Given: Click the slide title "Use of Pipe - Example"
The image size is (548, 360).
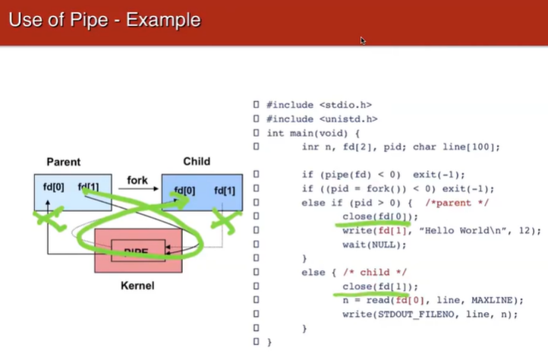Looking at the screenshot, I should (x=104, y=21).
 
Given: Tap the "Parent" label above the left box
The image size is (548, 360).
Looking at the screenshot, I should (x=63, y=162).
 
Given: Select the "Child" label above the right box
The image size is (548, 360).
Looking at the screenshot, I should (x=197, y=162).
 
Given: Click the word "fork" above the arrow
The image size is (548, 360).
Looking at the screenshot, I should (x=137, y=181).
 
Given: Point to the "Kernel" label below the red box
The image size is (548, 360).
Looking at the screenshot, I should (x=137, y=286).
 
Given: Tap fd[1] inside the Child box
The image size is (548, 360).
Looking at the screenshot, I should (x=225, y=191).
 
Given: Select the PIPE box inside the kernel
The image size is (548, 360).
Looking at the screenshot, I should (x=137, y=250).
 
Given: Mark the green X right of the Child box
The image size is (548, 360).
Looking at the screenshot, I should (x=225, y=219).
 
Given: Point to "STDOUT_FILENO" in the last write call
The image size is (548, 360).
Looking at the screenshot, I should (x=408, y=314).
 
